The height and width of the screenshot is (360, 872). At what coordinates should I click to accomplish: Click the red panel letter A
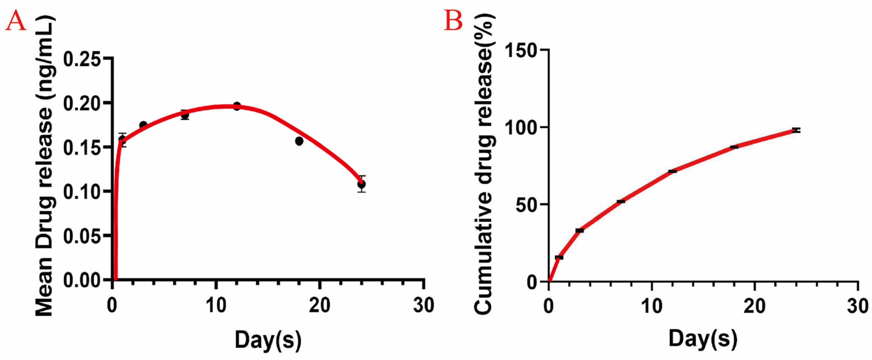(16, 21)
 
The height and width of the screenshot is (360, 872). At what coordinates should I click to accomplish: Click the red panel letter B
(453, 21)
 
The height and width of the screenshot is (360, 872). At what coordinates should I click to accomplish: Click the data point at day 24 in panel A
(361, 184)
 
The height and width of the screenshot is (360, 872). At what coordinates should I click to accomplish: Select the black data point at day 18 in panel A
(299, 141)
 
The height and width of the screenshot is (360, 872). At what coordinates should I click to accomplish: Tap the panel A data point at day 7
(185, 115)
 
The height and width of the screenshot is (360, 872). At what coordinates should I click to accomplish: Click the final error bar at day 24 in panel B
(796, 130)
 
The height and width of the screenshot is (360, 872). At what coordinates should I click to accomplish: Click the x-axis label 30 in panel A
(424, 306)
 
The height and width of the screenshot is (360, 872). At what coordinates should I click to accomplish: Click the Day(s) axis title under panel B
(703, 340)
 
